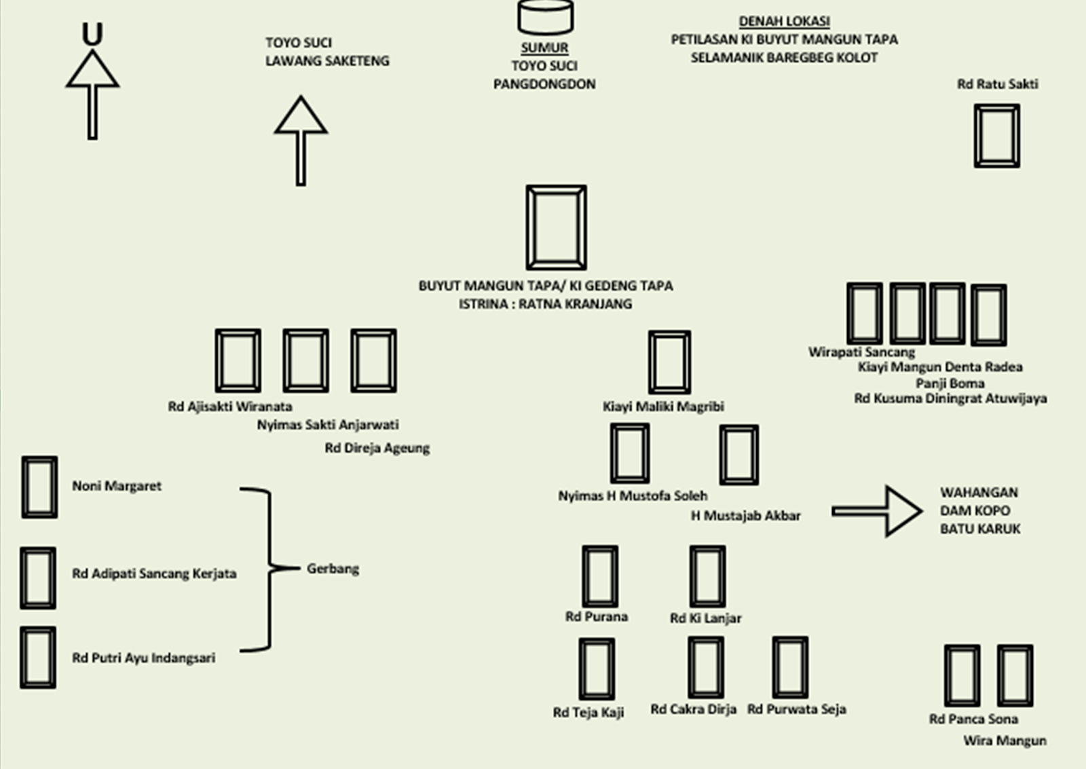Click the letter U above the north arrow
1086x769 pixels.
92,34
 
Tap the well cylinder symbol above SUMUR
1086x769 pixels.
545,16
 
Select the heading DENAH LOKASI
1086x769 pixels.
784,21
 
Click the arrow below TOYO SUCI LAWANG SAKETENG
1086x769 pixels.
301,140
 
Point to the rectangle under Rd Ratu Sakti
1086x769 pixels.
996,136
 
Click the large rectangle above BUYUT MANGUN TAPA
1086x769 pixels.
556,227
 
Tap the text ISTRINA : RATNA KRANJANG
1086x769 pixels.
545,304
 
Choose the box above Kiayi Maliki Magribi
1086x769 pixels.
669,362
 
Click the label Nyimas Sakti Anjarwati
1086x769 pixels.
327,425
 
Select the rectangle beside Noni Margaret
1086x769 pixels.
39,487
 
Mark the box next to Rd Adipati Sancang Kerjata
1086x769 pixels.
38,578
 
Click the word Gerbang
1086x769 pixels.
333,569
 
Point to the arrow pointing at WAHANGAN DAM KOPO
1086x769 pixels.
877,511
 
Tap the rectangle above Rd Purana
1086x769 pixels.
600,576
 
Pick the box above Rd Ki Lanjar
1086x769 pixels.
707,576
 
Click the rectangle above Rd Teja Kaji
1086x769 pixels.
597,669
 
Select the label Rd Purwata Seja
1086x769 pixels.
796,709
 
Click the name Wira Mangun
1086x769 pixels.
1005,740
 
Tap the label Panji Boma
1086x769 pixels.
950,383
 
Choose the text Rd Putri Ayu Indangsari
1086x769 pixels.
143,658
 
